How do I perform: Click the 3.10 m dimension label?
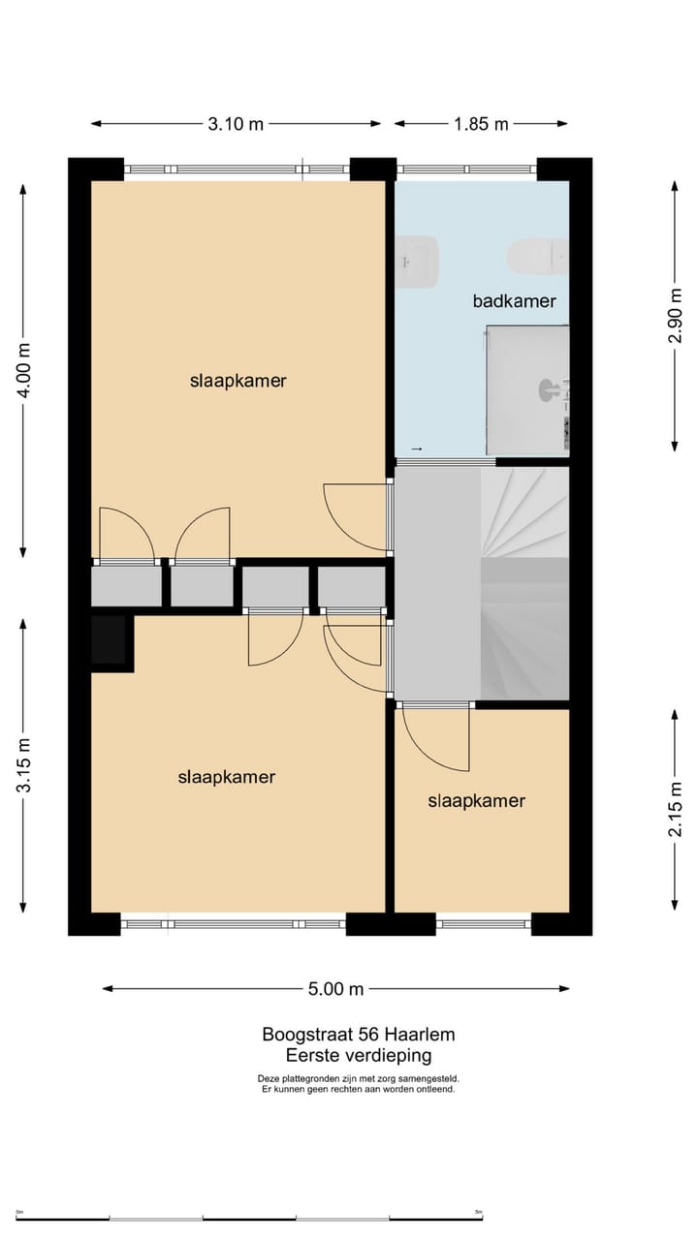[236, 124]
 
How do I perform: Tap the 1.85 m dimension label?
[481, 124]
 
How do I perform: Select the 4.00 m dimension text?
[24, 371]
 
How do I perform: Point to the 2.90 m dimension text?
[676, 316]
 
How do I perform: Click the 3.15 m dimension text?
[24, 766]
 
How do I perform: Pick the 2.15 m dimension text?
[676, 810]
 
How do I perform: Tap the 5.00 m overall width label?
[335, 989]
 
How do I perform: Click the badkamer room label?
[514, 301]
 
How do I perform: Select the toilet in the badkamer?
[536, 256]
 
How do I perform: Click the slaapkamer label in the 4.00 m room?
[238, 381]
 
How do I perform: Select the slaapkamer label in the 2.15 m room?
[476, 801]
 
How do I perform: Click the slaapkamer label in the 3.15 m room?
[227, 777]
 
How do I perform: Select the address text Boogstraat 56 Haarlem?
[358, 1035]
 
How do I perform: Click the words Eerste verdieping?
[358, 1056]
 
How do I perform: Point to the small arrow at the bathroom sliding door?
[417, 449]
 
